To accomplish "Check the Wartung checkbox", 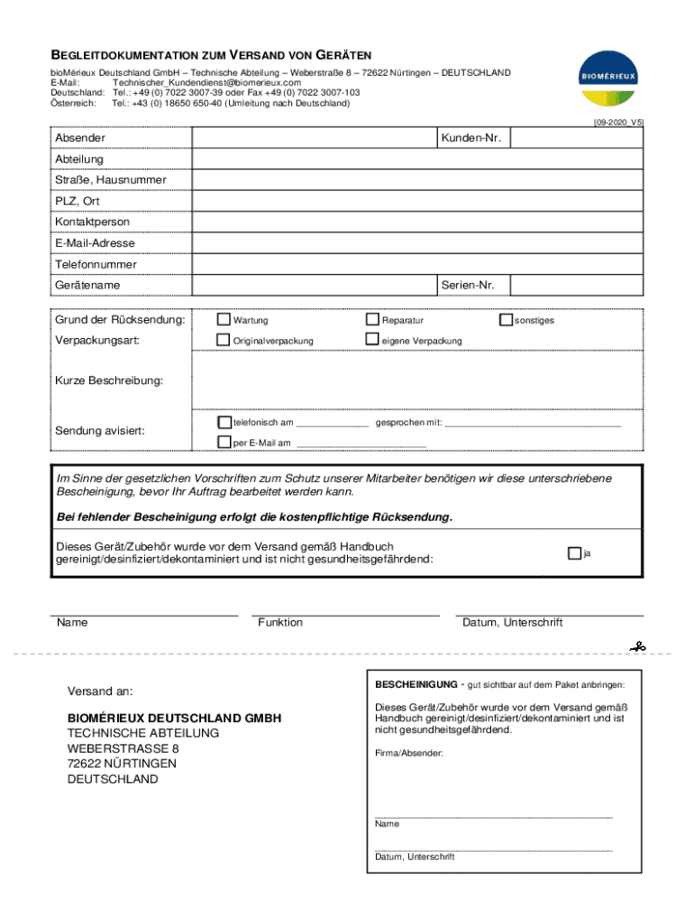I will click(x=224, y=319).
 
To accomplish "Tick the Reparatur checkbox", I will click(x=371, y=319).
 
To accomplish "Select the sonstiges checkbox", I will click(x=506, y=319).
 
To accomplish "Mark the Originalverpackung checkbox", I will click(x=224, y=340).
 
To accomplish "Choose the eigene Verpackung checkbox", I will click(x=371, y=340).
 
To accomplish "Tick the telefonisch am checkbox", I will click(x=224, y=422).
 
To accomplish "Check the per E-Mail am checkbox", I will click(x=224, y=442).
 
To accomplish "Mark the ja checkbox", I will click(x=574, y=553).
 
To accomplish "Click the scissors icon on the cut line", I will click(x=638, y=646).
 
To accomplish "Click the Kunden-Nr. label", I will click(x=470, y=138).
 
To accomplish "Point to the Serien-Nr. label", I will click(x=468, y=285).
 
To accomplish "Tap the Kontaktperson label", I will click(x=92, y=222).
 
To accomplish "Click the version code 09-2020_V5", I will click(x=617, y=121).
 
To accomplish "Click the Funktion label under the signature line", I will click(x=280, y=623).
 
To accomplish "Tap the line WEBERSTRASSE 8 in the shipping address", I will click(x=123, y=748).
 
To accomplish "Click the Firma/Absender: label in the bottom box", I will click(x=409, y=752).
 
